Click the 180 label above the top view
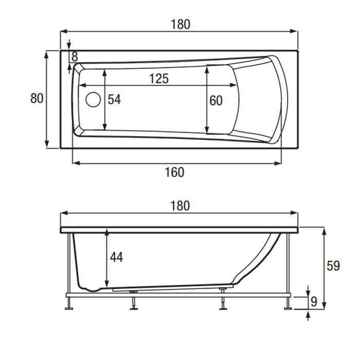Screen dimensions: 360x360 (x=179, y=24)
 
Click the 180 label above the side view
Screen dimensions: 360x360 (x=179, y=206)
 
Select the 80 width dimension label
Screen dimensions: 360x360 (x=37, y=98)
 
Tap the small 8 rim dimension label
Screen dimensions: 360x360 (x=75, y=57)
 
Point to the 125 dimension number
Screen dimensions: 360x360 (x=159, y=79)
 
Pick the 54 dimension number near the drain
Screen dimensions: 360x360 (x=114, y=100)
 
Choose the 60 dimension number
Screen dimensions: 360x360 (x=216, y=101)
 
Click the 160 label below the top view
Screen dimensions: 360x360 (x=175, y=173)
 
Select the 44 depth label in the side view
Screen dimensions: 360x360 (x=117, y=258)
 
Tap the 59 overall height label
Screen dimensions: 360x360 (x=333, y=266)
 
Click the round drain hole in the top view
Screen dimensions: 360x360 (x=93, y=99)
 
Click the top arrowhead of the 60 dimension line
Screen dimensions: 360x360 (x=207, y=68)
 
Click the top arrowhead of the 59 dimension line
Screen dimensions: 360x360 (x=324, y=230)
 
